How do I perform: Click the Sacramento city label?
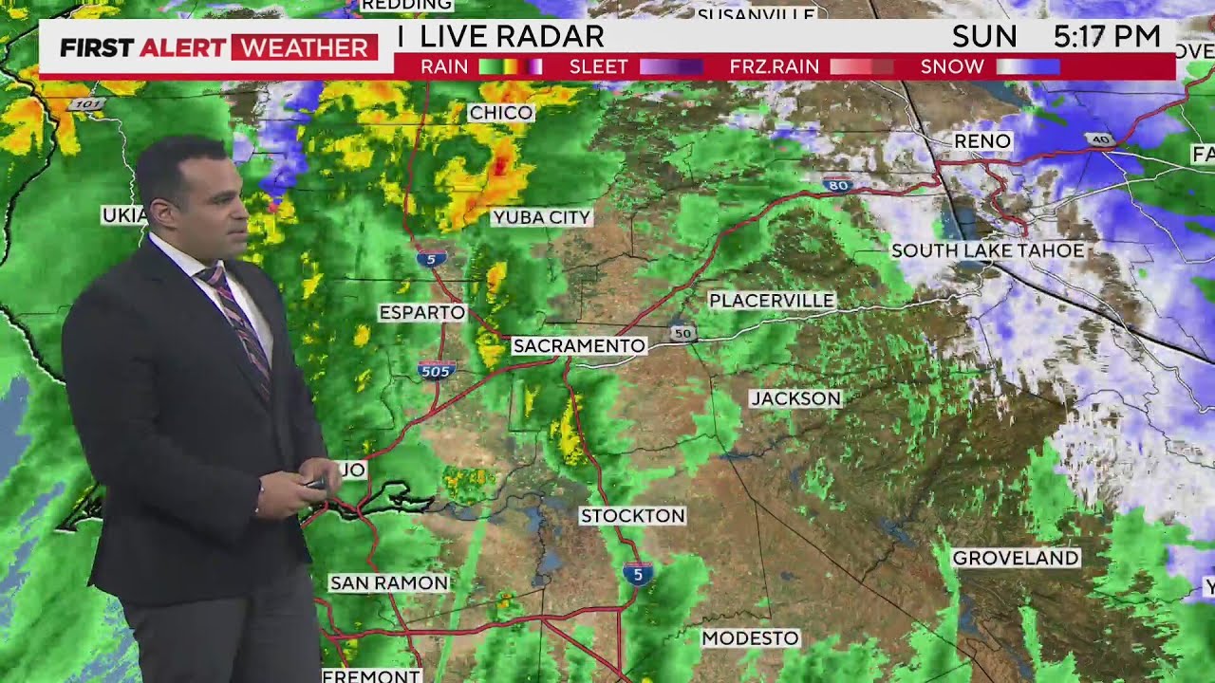tap(579, 346)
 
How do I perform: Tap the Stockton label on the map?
tap(632, 516)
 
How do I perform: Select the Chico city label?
tap(501, 113)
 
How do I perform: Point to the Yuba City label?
tap(542, 217)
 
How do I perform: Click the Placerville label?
tap(772, 301)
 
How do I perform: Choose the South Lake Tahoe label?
tap(987, 250)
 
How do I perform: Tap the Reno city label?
tap(982, 141)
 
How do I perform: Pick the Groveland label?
tap(1016, 558)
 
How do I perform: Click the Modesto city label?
tap(750, 638)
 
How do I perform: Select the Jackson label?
tap(795, 398)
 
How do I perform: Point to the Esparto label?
tap(421, 312)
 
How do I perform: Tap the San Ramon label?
tap(388, 582)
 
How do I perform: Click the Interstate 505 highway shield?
tap(436, 370)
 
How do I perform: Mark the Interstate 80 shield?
tap(836, 183)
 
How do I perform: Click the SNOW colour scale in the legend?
tap(1027, 66)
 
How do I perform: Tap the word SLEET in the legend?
tap(598, 66)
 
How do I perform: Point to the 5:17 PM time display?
tap(1107, 37)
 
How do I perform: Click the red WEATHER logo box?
tap(304, 47)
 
